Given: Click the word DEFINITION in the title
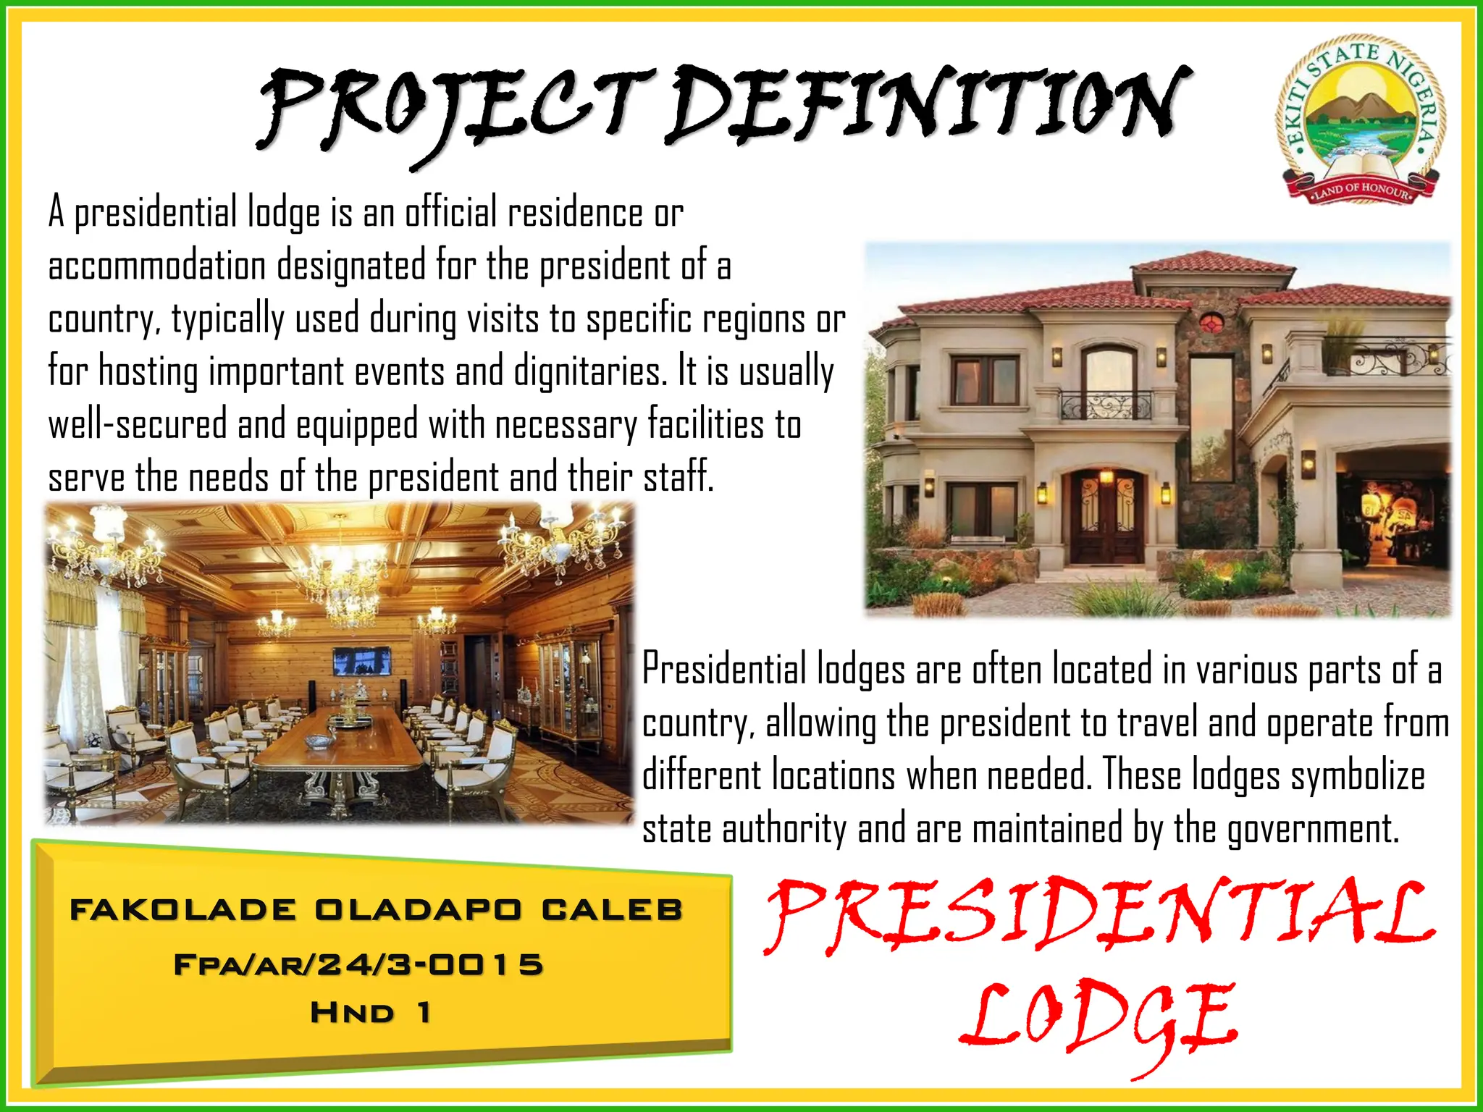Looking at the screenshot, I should point(927,105).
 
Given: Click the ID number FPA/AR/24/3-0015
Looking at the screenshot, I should point(358,965).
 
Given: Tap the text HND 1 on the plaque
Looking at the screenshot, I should point(371,1013).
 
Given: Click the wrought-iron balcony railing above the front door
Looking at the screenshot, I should point(1106,405).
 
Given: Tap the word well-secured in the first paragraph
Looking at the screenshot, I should point(138,425).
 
